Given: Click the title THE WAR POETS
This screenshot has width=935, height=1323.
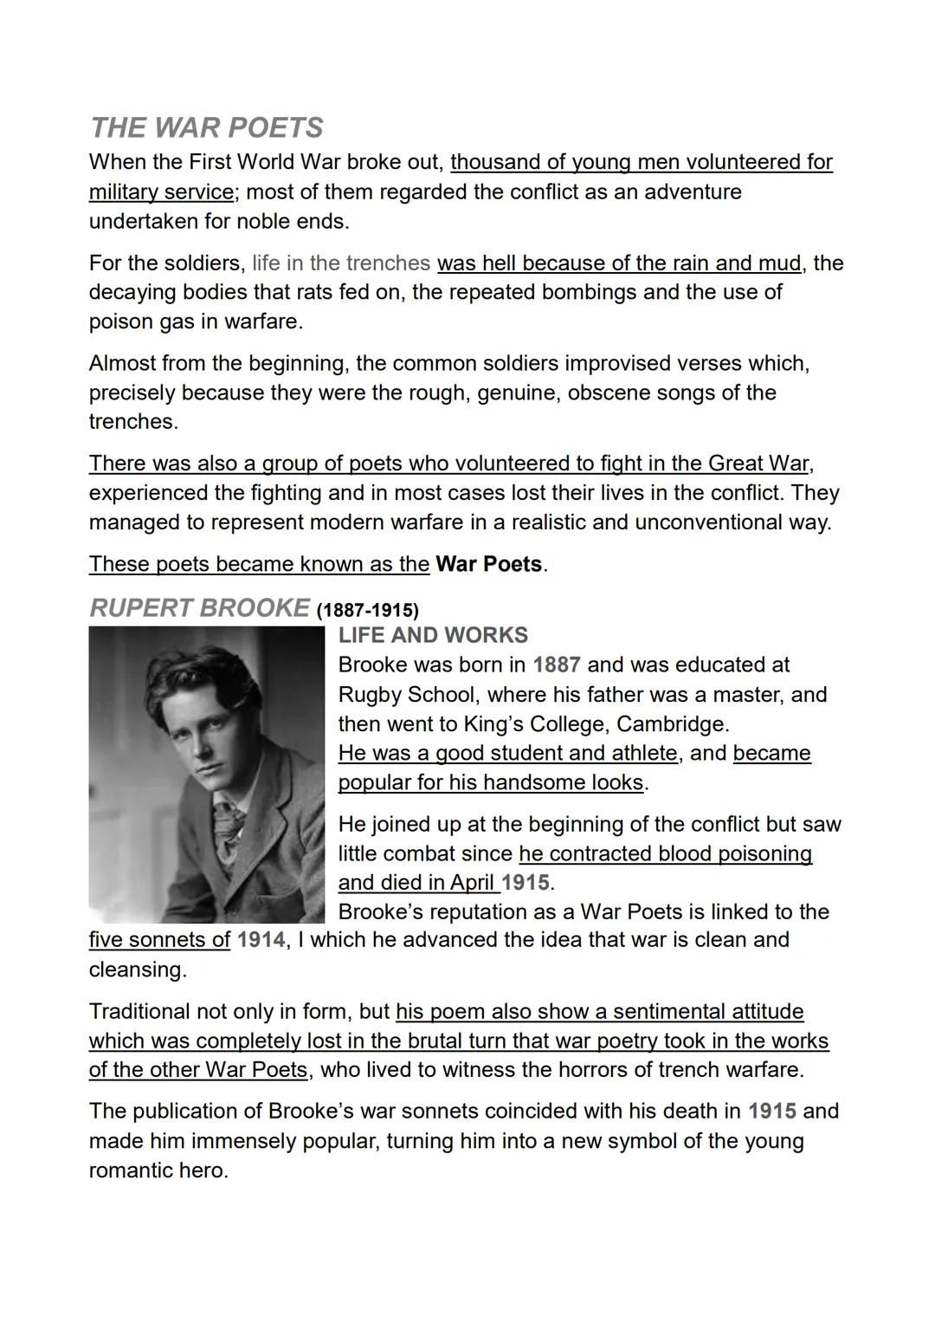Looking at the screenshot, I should (x=206, y=128).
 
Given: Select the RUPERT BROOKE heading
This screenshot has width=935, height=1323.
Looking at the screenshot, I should (x=199, y=608).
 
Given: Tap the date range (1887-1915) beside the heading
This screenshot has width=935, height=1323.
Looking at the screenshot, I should (x=368, y=610).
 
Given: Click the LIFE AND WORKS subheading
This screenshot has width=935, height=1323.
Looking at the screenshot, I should (x=433, y=635).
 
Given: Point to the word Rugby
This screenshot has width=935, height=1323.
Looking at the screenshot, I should (x=369, y=695).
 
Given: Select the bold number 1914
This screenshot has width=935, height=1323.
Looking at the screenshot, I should (x=261, y=940).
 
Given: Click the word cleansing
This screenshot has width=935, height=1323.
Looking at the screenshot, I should (x=137, y=970).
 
